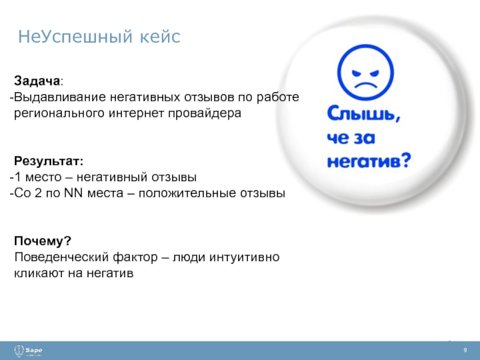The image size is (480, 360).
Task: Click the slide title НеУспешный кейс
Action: (x=99, y=37)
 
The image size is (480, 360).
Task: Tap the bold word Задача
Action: (x=37, y=81)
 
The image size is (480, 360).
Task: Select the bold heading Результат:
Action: (x=49, y=161)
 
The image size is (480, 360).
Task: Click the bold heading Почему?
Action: (x=43, y=241)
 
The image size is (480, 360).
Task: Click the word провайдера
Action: (x=205, y=113)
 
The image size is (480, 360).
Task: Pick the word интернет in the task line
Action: (x=136, y=113)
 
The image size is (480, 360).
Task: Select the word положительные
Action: (x=187, y=193)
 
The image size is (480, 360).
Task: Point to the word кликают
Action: (x=39, y=273)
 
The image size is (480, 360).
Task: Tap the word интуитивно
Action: (x=244, y=257)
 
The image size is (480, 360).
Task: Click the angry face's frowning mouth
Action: (x=365, y=85)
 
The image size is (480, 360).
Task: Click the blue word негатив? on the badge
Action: (x=369, y=160)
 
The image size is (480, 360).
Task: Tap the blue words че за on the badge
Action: (x=351, y=138)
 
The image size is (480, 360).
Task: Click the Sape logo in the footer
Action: (x=28, y=351)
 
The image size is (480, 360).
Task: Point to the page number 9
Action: (x=466, y=350)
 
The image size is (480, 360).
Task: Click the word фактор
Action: (x=135, y=257)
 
